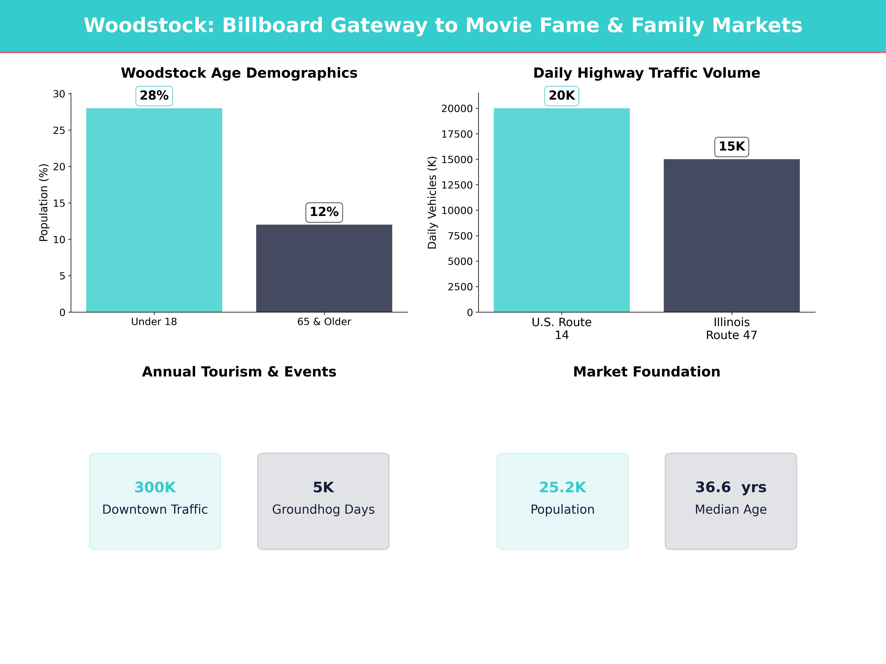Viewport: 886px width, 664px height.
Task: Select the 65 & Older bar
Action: coord(324,268)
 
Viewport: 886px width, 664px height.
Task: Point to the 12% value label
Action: coord(324,212)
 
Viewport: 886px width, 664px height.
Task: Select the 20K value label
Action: coord(562,96)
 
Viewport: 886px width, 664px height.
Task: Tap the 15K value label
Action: coord(731,146)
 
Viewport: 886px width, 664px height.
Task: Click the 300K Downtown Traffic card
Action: coord(155,501)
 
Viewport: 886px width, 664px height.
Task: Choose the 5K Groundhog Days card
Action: coord(323,501)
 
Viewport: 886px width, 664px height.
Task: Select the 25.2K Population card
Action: coord(562,501)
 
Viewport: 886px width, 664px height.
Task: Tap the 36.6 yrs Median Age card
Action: coord(731,501)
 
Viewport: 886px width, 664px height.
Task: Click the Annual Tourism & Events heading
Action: coord(239,372)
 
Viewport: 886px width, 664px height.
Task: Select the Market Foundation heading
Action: coord(646,372)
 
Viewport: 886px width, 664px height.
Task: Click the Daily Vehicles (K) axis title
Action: coord(432,203)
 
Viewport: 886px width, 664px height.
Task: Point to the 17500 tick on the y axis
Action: coord(457,134)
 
